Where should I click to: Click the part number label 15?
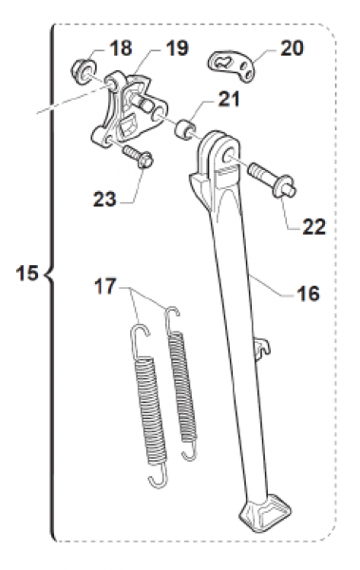pos(28,273)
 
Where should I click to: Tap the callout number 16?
pos(308,293)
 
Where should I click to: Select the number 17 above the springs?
pos(105,287)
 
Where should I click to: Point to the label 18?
pos(121,48)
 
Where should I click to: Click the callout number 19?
pos(177,48)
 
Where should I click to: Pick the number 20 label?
pos(293,48)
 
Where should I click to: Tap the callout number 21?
pos(229,99)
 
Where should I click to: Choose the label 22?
pos(314,227)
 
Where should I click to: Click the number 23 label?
pos(104,199)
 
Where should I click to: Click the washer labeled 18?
pos(85,71)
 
